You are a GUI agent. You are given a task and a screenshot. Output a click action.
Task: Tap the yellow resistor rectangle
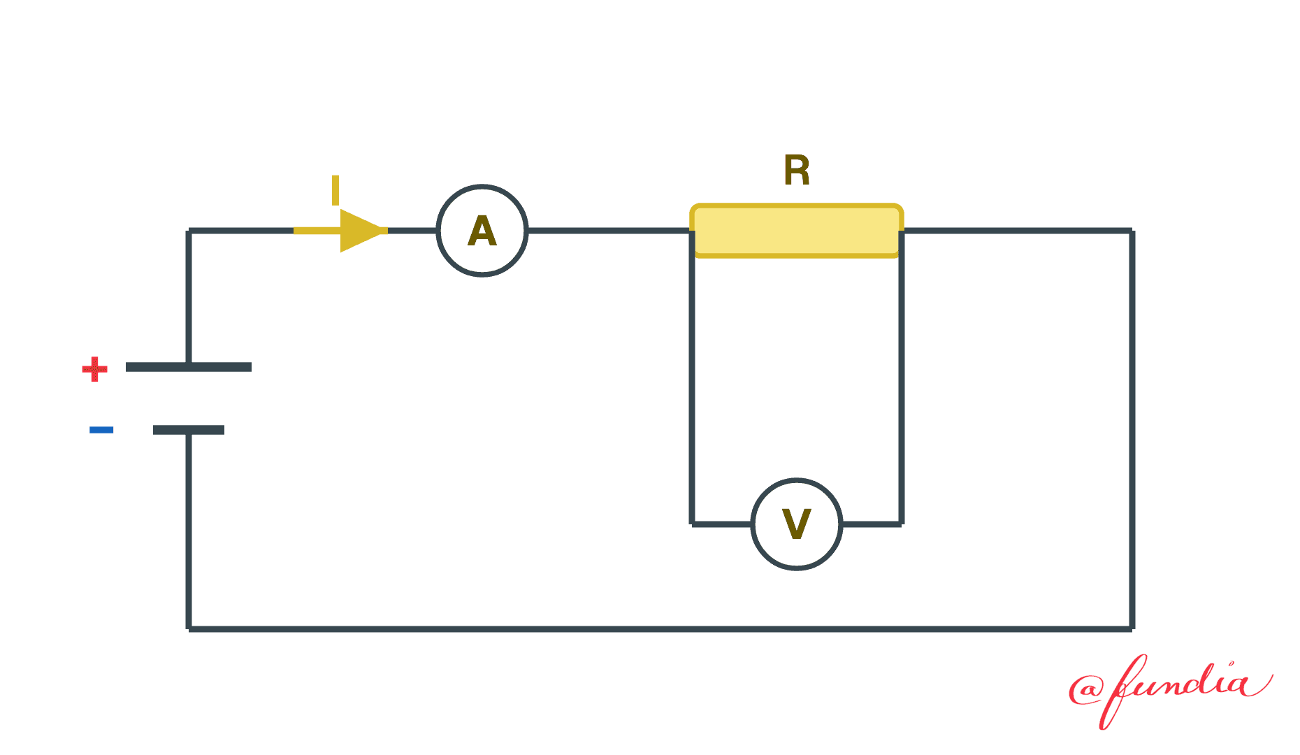pos(797,231)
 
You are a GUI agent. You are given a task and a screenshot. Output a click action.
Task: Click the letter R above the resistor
pos(797,170)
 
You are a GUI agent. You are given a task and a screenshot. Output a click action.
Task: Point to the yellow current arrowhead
pos(362,231)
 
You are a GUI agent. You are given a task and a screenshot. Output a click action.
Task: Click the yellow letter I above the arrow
pos(335,190)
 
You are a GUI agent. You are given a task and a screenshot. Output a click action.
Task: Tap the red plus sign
pos(95,368)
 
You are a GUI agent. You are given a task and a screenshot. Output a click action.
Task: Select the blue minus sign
pos(101,429)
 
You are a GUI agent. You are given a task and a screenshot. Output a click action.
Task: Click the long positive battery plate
pos(189,367)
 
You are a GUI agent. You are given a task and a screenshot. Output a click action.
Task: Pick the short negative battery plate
pos(189,430)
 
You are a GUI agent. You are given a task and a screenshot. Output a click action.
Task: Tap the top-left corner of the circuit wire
pos(189,231)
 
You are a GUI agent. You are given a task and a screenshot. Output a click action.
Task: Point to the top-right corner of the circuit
pos(1132,231)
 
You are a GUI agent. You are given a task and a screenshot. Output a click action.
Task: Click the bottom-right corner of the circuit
pos(1132,629)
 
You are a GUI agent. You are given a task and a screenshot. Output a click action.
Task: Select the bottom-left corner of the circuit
pos(189,629)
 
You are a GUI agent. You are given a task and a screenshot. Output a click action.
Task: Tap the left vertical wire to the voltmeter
pos(692,377)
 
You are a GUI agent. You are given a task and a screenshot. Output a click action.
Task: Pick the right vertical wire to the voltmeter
pos(902,377)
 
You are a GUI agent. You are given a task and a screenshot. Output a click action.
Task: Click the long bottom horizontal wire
pos(660,629)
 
